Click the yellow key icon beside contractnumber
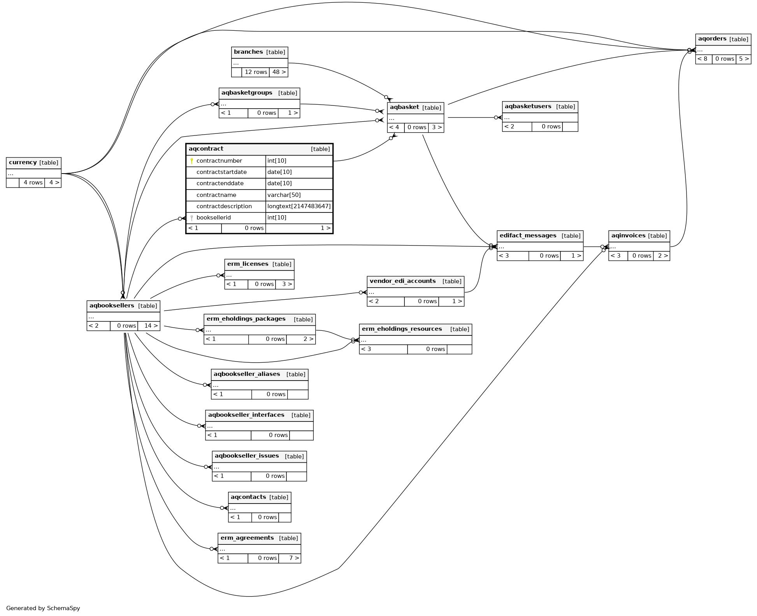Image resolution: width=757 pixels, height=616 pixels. pyautogui.click(x=191, y=161)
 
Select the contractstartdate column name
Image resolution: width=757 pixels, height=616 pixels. pyautogui.click(x=221, y=172)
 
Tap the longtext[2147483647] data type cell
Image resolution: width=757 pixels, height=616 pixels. pyautogui.click(x=299, y=206)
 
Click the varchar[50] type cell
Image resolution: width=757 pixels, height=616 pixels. pyautogui.click(x=284, y=195)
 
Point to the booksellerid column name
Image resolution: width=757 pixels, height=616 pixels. pyautogui.click(x=213, y=218)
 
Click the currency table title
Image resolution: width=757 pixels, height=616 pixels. pyautogui.click(x=23, y=163)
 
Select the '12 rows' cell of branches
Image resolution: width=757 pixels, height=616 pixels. pyautogui.click(x=256, y=72)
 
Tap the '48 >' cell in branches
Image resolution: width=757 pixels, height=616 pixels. pyautogui.click(x=279, y=72)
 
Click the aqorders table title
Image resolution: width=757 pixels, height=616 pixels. pyautogui.click(x=712, y=39)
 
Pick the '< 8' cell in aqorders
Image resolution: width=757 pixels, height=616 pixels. pyautogui.click(x=703, y=59)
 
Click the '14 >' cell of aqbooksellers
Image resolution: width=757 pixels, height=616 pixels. pyautogui.click(x=151, y=326)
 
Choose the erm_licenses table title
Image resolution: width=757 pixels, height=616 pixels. pyautogui.click(x=248, y=264)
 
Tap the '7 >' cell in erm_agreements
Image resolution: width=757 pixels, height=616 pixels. pyautogui.click(x=294, y=558)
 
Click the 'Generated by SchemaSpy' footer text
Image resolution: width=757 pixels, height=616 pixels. pyautogui.click(x=43, y=608)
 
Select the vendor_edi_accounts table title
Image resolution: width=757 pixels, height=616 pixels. pyautogui.click(x=402, y=281)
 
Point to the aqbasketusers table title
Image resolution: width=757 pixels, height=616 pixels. pyautogui.click(x=528, y=106)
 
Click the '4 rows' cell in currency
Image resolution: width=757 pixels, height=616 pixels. pyautogui.click(x=33, y=183)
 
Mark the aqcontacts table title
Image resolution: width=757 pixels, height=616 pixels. pyautogui.click(x=248, y=497)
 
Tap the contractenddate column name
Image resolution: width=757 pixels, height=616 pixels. pyautogui.click(x=220, y=183)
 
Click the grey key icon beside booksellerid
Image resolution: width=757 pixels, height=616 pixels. pyautogui.click(x=191, y=218)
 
